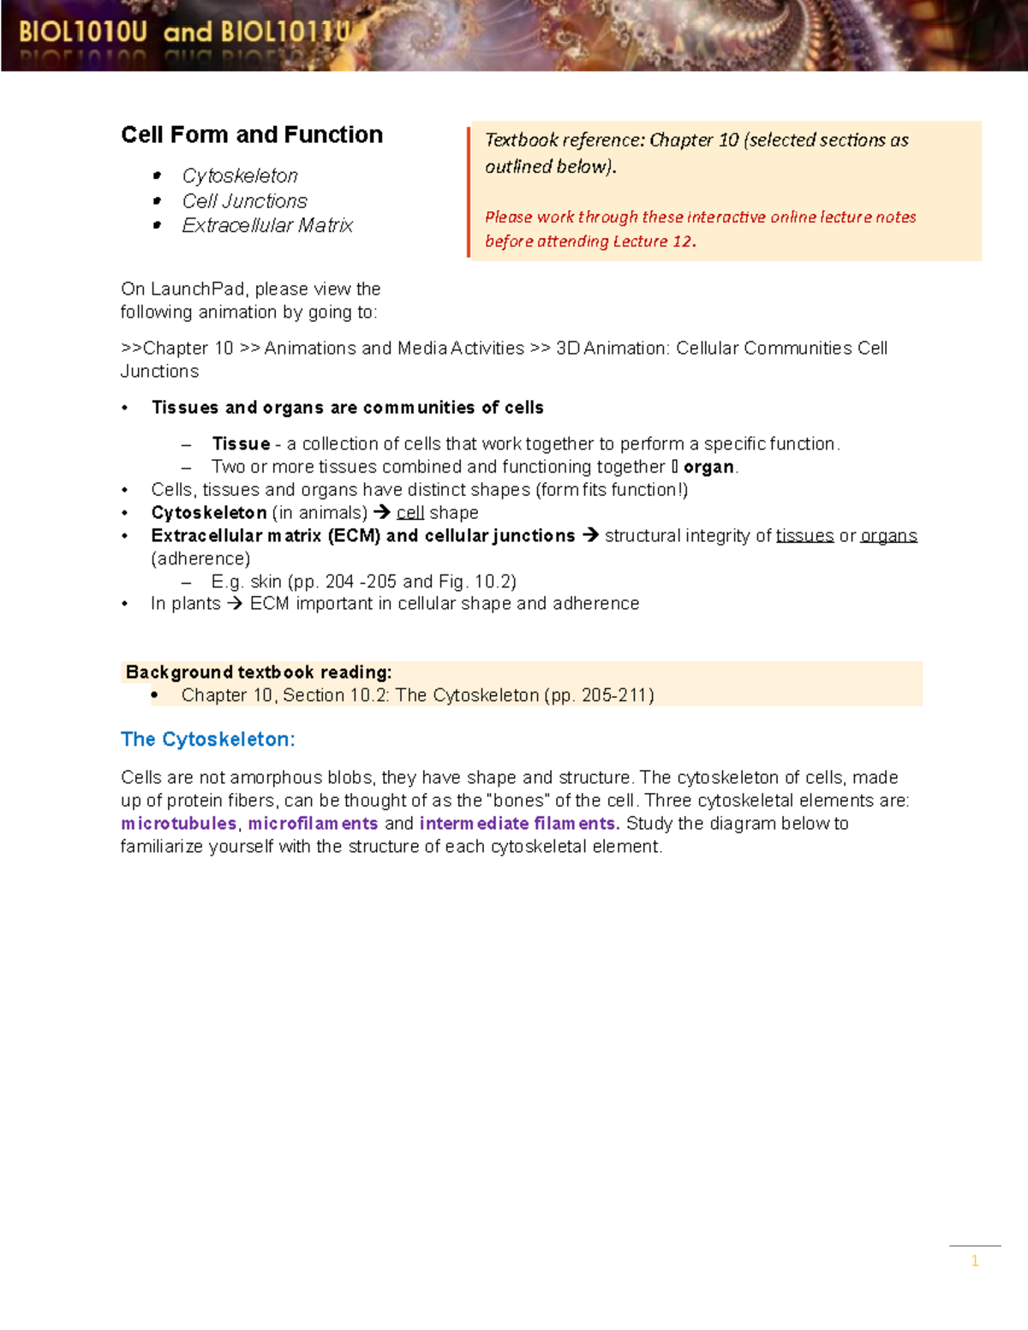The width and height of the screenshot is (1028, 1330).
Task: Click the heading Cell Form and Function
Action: [251, 135]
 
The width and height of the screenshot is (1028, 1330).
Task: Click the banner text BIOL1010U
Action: [83, 33]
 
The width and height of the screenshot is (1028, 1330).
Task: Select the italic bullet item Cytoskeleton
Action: [240, 176]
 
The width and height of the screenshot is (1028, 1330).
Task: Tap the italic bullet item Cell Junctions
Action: [244, 200]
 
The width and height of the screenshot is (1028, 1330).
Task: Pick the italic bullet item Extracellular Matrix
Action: [267, 225]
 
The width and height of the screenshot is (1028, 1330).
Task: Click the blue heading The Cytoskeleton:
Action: [207, 739]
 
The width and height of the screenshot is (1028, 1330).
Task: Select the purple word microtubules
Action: [178, 823]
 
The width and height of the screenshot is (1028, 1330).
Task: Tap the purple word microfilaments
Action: [313, 823]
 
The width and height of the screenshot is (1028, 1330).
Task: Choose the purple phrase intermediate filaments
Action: [518, 823]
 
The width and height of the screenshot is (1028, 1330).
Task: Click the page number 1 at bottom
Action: [974, 1261]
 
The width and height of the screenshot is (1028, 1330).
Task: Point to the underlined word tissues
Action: [804, 536]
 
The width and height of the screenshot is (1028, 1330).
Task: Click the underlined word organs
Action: [888, 536]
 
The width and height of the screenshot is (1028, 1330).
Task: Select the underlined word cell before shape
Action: [410, 513]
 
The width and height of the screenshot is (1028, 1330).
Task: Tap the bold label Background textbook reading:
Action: [258, 672]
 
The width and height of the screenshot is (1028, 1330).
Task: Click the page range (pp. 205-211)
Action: [599, 695]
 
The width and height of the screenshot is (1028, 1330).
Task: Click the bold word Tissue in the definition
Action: [241, 444]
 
